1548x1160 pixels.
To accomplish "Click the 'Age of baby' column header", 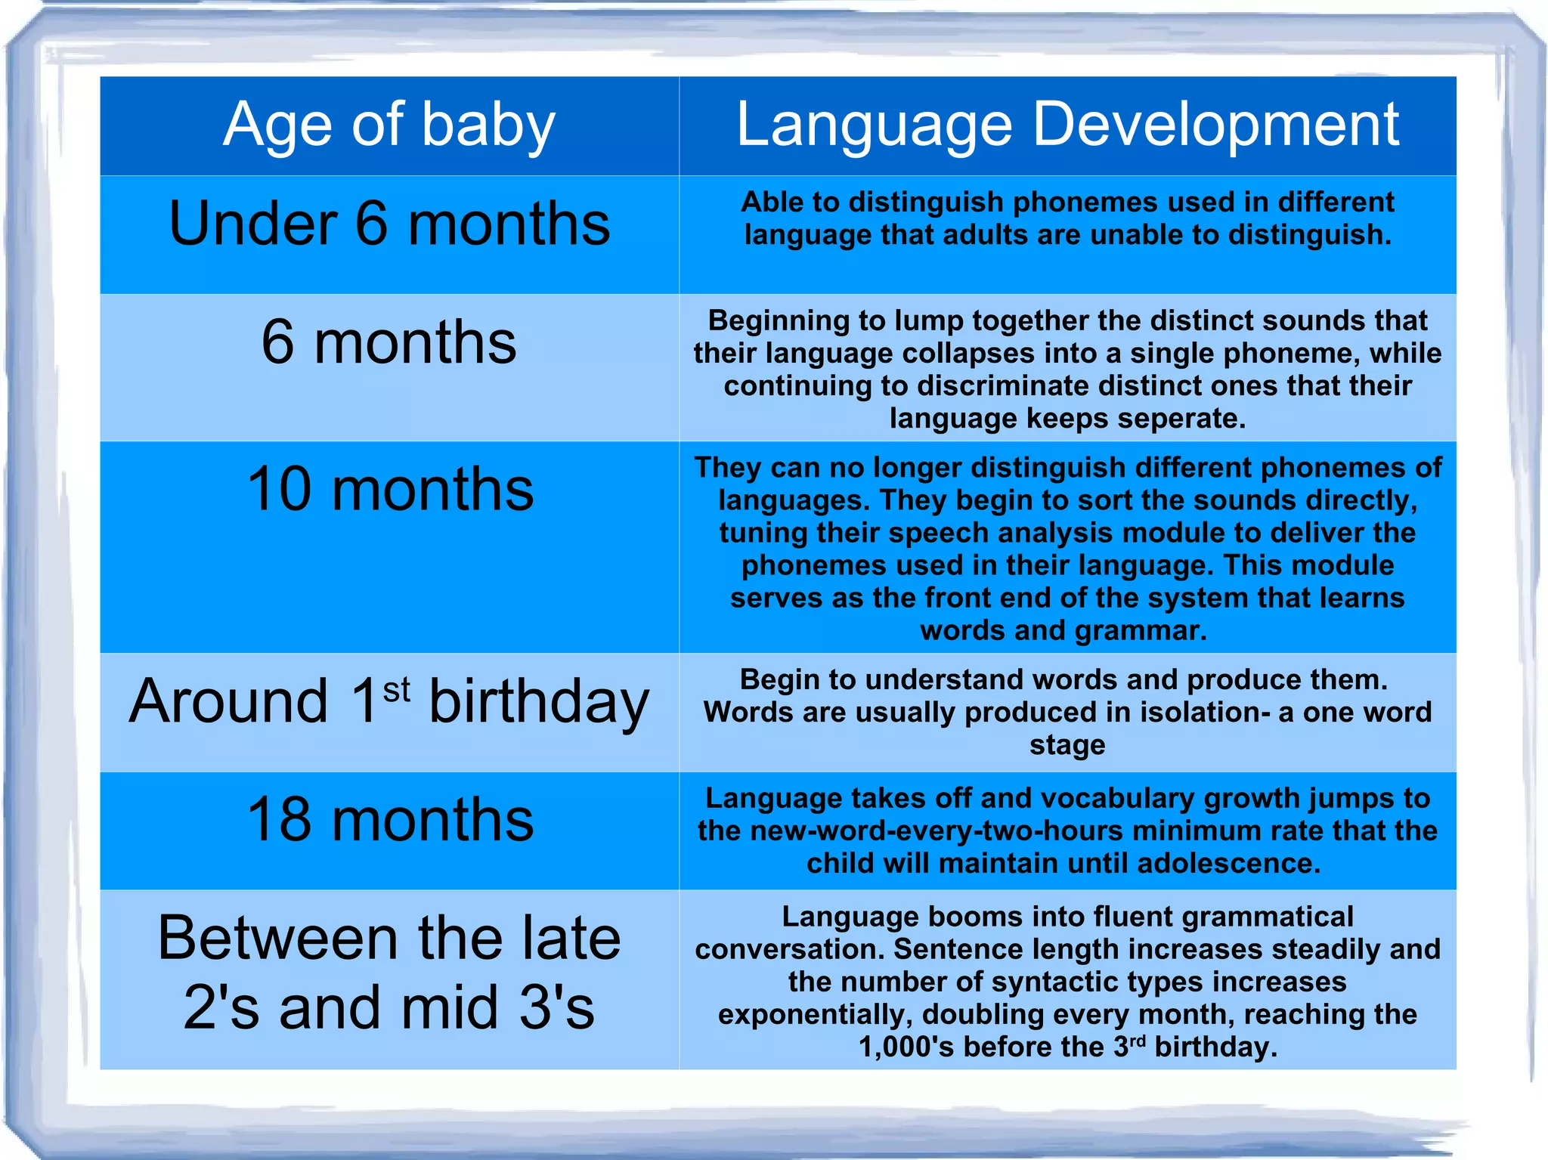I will (x=389, y=125).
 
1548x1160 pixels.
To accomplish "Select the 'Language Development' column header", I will (x=1067, y=125).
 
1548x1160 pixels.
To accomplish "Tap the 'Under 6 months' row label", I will (x=389, y=224).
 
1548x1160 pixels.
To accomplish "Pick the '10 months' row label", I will (x=390, y=490).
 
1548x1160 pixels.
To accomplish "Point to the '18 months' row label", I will (x=390, y=820).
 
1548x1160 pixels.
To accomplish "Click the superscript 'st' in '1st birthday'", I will (x=397, y=690).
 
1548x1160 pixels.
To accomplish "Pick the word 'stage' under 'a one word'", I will (x=1067, y=745).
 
